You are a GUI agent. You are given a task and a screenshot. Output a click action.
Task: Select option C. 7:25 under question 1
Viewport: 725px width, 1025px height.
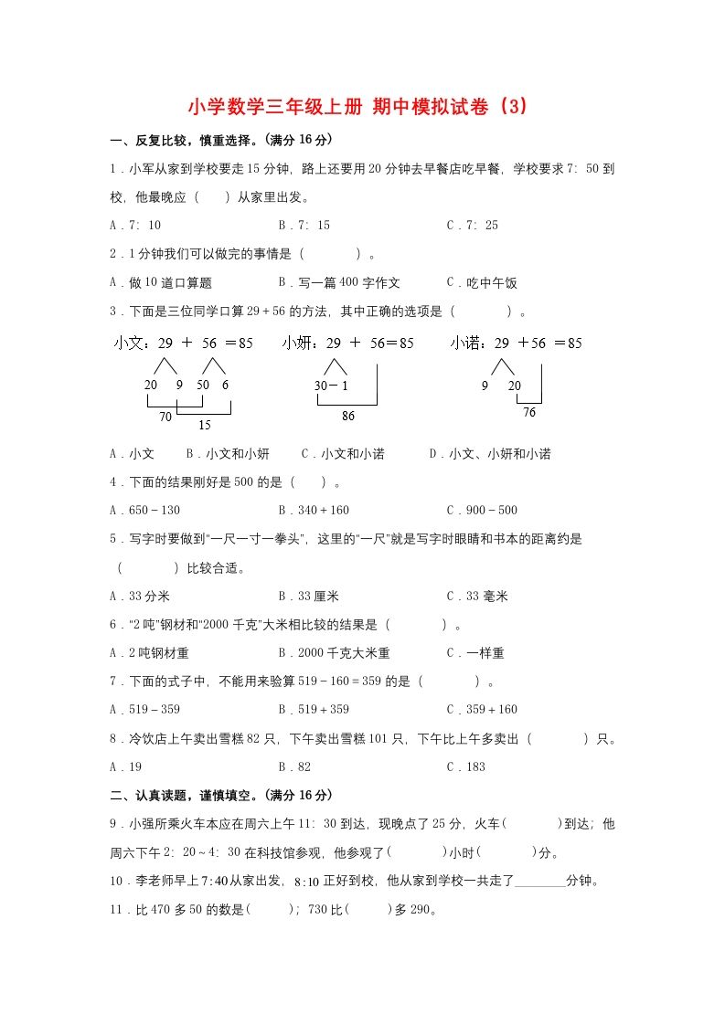[472, 226]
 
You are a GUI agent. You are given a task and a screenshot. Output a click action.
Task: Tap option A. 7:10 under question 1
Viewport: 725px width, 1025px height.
[135, 226]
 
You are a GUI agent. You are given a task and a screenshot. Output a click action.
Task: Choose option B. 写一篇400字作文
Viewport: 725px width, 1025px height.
[339, 283]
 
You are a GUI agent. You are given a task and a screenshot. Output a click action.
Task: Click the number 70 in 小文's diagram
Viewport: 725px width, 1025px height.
[165, 417]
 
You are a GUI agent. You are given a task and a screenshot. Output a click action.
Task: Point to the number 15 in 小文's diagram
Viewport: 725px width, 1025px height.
[204, 425]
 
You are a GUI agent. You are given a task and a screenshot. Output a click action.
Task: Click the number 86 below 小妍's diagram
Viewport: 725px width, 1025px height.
[347, 417]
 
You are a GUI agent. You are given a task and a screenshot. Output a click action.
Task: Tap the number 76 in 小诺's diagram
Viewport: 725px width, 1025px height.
[529, 413]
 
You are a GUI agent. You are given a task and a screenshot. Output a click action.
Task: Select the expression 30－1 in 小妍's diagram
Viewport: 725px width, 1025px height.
[331, 386]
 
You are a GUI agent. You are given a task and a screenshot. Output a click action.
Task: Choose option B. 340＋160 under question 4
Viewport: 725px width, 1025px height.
[314, 511]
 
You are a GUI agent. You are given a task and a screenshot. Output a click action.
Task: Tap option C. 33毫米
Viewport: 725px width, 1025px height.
[477, 597]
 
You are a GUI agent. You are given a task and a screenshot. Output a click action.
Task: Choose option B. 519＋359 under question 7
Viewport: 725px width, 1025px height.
[314, 710]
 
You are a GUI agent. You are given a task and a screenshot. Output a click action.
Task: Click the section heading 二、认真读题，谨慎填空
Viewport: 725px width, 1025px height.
[220, 796]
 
